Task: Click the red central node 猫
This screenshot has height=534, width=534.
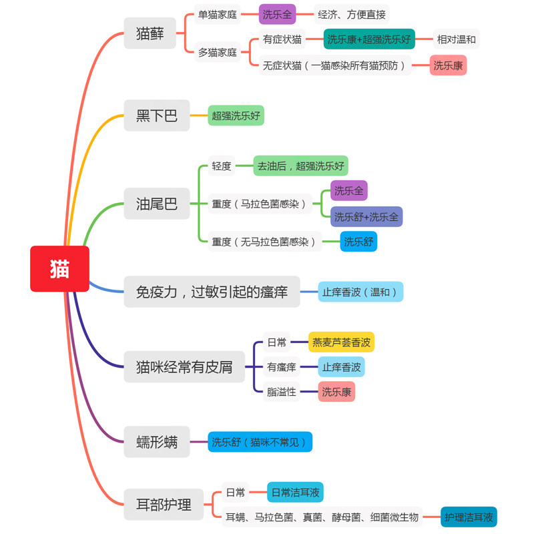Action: pos(59,268)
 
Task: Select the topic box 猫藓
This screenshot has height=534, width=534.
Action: pos(150,33)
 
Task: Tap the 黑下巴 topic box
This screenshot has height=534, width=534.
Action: pos(157,115)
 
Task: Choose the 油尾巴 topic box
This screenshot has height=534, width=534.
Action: pos(157,204)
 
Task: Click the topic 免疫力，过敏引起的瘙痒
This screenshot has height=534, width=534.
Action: pos(212,292)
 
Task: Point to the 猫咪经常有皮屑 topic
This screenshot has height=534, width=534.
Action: pos(184,366)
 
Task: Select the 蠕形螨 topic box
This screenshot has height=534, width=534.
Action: pos(157,441)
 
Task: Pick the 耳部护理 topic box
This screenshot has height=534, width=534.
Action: pos(164,504)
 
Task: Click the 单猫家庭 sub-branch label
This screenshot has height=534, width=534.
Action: pos(218,14)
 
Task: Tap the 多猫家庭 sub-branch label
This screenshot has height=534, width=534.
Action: pos(218,52)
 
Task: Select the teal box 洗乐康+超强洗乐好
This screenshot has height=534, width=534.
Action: pos(369,39)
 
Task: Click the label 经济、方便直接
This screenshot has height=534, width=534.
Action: pos(351,14)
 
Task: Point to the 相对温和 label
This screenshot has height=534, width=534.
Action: pos(457,39)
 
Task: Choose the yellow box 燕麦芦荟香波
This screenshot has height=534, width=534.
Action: pos(341,342)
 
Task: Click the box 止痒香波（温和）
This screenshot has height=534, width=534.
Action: pos(360,292)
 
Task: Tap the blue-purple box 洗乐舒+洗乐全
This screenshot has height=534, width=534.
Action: pos(366,216)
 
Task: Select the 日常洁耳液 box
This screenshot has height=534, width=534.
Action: pos(295,493)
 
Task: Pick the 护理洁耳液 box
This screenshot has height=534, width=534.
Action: pos(469,517)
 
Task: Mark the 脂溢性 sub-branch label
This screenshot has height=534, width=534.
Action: pos(281,392)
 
